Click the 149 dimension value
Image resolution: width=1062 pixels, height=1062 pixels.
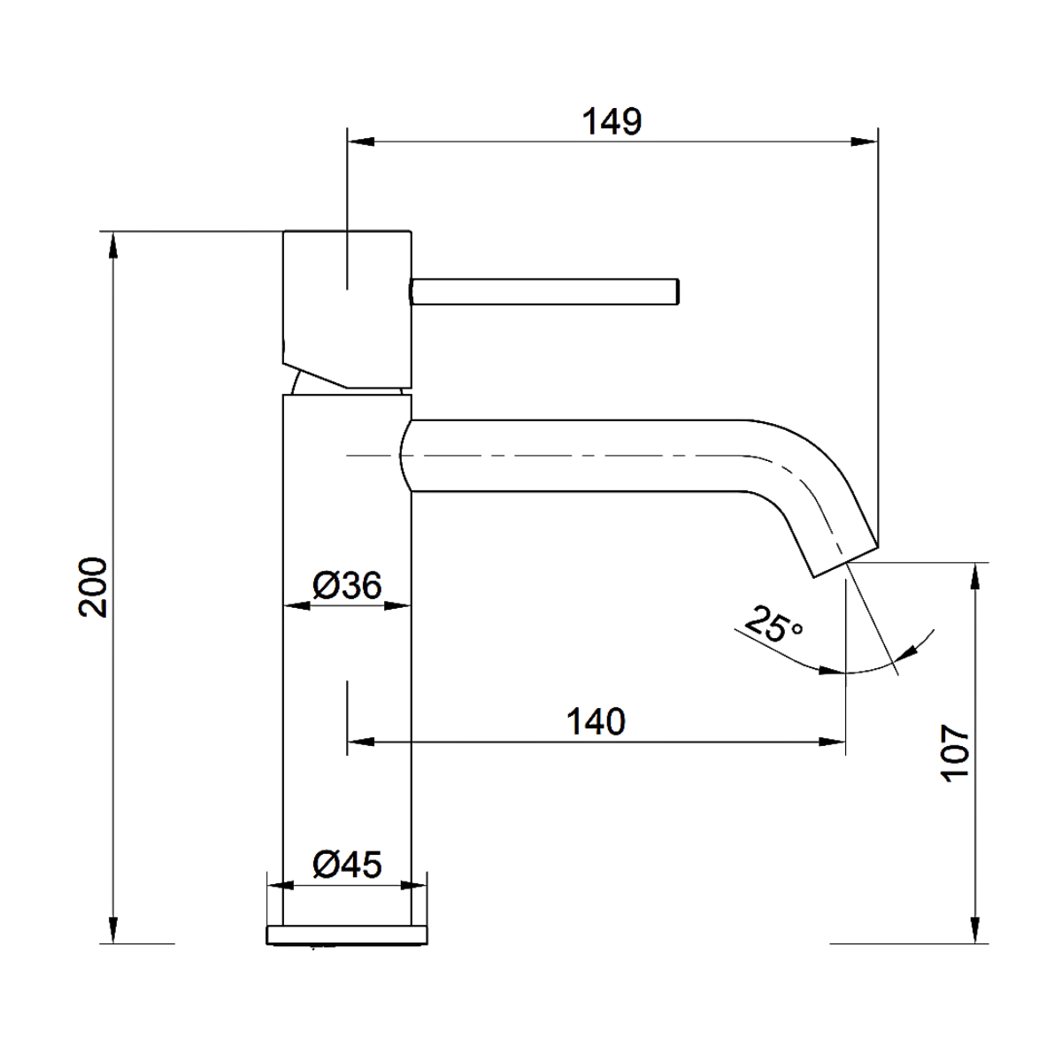[612, 121]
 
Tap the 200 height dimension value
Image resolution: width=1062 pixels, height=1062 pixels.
[93, 587]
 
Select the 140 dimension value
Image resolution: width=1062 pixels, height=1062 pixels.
[596, 721]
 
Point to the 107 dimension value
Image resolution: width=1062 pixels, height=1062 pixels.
[954, 753]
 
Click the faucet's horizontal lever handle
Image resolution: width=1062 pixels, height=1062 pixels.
[544, 291]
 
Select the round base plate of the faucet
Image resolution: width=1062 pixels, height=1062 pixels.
[347, 935]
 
